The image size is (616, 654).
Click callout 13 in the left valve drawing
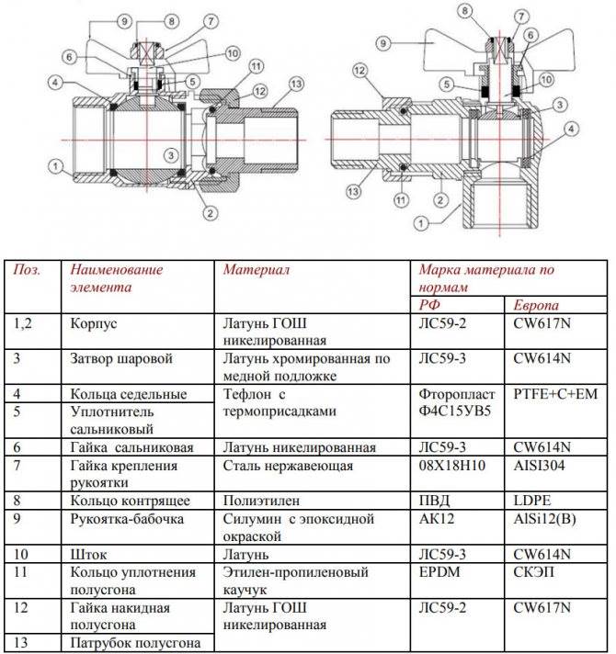(296, 85)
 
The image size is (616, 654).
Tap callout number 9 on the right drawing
(383, 43)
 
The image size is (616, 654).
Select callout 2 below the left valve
(210, 213)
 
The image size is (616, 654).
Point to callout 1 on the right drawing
(421, 223)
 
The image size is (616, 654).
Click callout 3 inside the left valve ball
(171, 155)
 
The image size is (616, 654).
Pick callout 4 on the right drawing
(571, 129)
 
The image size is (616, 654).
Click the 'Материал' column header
(257, 269)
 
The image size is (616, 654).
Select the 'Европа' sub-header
(536, 305)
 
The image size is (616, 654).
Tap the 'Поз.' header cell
(28, 269)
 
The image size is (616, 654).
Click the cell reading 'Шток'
(88, 554)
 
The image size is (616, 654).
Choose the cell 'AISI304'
(539, 465)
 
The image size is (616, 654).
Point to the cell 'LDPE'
(532, 501)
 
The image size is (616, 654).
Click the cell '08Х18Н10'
(452, 465)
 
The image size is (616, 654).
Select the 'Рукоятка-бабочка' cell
(127, 519)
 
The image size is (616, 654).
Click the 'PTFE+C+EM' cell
(555, 394)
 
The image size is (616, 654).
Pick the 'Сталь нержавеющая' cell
(288, 465)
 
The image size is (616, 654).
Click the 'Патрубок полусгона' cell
(135, 643)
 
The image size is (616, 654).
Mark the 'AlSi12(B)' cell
(544, 519)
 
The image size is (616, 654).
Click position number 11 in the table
(20, 572)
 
